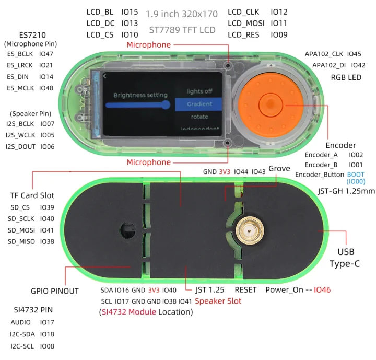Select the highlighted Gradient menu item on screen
199,104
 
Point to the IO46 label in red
322,289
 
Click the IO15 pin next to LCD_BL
130,11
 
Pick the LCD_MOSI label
246,23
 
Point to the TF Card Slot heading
32,195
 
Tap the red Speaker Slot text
218,301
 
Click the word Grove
279,168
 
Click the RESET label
245,289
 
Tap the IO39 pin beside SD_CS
47,207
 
